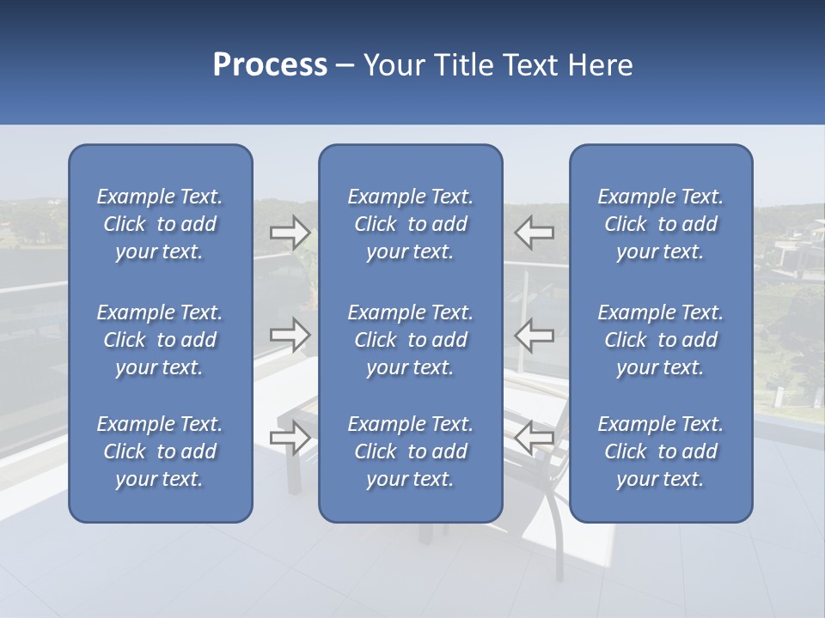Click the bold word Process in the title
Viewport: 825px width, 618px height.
point(270,65)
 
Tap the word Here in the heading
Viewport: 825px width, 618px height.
point(599,65)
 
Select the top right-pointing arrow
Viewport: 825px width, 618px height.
point(290,232)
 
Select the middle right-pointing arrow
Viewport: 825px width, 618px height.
point(290,335)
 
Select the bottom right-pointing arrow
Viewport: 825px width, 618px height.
point(290,438)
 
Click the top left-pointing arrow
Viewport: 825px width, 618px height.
point(535,232)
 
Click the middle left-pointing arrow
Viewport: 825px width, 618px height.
point(535,335)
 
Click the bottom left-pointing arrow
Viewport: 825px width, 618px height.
point(535,438)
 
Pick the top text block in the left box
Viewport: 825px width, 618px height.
point(160,224)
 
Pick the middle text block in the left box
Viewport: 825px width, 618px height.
point(160,340)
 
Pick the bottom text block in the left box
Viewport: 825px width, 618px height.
point(160,451)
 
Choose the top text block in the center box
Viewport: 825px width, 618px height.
point(411,224)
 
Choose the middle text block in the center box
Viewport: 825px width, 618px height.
point(411,340)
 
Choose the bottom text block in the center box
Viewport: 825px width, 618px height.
point(411,451)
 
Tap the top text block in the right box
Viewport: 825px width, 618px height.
point(661,224)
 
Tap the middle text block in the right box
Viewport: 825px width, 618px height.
point(661,340)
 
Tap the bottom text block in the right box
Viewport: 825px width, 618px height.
point(661,451)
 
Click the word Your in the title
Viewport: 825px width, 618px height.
point(394,65)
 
